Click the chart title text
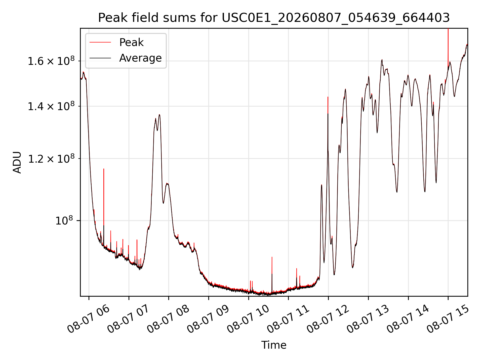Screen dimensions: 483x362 click(x=274, y=18)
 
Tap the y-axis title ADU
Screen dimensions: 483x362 click(x=17, y=162)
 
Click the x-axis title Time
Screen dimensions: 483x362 click(x=274, y=345)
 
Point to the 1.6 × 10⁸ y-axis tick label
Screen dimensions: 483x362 click(x=51, y=61)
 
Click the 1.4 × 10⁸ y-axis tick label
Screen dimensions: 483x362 click(x=51, y=106)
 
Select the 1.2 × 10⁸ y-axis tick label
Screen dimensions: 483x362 click(x=51, y=159)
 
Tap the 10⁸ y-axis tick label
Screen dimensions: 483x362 click(x=64, y=221)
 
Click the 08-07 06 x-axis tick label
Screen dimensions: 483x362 click(x=89, y=319)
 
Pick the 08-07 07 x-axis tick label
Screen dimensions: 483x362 click(x=129, y=319)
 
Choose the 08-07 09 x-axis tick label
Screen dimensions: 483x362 click(x=208, y=319)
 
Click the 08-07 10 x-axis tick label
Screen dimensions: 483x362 click(x=248, y=319)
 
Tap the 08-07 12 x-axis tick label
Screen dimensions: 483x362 click(x=328, y=319)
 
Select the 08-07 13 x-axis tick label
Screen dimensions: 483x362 click(x=368, y=319)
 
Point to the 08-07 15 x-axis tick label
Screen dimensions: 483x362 click(x=448, y=319)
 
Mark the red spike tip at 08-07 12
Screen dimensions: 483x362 click(x=328, y=97)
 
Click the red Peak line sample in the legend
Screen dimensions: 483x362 click(x=100, y=42)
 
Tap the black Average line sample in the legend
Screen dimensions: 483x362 click(x=100, y=58)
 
